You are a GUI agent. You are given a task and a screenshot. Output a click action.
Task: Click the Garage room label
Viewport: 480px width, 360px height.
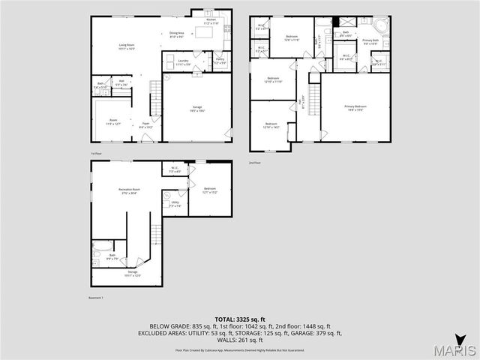click(196, 109)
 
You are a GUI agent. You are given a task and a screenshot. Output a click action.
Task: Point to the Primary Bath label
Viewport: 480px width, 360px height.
click(370, 42)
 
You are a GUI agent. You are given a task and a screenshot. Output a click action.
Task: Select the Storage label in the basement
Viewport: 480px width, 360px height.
click(133, 273)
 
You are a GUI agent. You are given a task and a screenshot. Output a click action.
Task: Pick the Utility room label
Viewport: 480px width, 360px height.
click(174, 203)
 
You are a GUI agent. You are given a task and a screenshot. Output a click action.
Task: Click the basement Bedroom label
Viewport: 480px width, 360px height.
click(209, 190)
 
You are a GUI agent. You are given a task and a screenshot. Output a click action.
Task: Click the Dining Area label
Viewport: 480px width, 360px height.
click(177, 34)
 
